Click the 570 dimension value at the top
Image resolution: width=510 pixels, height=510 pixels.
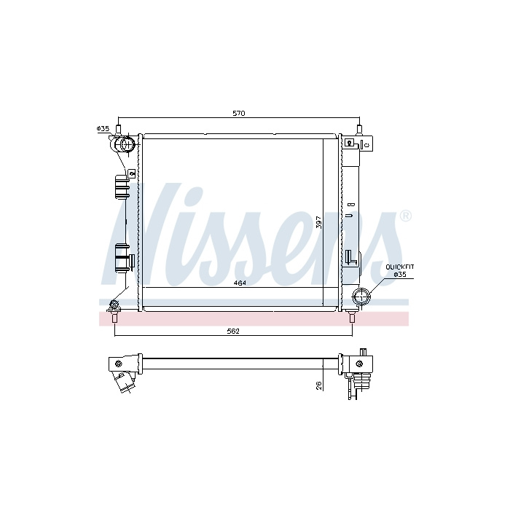(239, 114)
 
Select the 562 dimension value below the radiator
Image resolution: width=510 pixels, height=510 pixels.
(234, 331)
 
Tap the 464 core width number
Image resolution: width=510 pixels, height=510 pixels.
(240, 283)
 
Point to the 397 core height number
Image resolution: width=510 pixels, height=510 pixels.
(319, 222)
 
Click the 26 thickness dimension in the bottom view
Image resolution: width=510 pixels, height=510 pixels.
(319, 385)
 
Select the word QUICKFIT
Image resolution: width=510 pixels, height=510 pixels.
(400, 267)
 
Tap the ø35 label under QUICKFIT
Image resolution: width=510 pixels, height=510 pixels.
(400, 274)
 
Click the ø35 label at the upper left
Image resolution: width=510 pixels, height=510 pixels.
(103, 129)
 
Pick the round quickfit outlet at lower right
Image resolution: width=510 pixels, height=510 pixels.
(361, 296)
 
